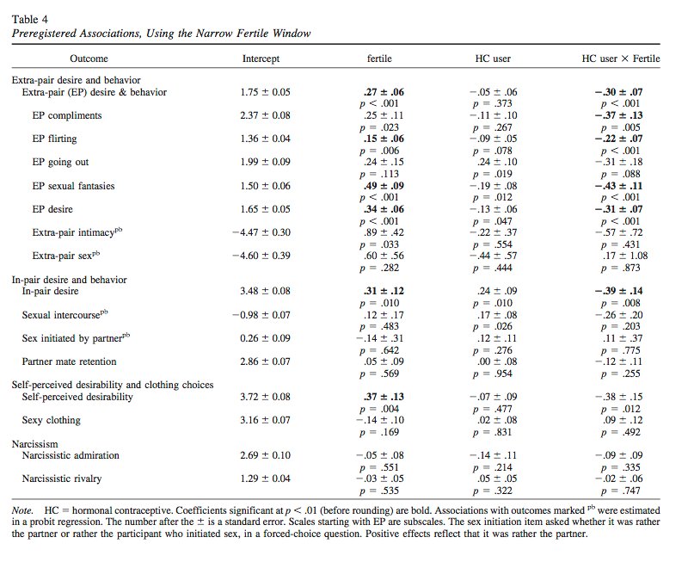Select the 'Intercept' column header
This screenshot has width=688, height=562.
tap(261, 59)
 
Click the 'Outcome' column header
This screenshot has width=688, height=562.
tap(89, 59)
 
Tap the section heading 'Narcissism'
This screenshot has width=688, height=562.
tap(35, 443)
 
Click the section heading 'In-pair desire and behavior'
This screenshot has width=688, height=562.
tap(69, 280)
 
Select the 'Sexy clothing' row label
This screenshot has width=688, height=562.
tap(52, 420)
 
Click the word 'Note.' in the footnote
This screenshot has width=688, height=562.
tap(22, 510)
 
